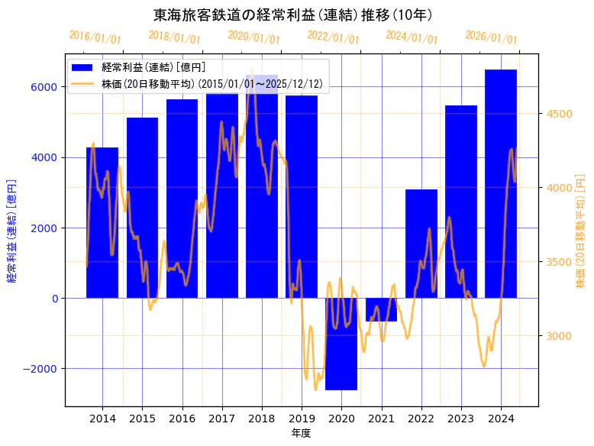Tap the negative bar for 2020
[x=341, y=344]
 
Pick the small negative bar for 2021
[x=381, y=309]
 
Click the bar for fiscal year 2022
[x=421, y=244]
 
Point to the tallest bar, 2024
[x=501, y=183]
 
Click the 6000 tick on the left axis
[x=44, y=87]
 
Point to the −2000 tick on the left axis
[x=40, y=369]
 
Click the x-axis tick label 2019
[x=302, y=418]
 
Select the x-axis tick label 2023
[x=461, y=418]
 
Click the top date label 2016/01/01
[x=95, y=37]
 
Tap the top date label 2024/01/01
[x=412, y=37]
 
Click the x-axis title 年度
[x=302, y=433]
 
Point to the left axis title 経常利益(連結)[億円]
[x=11, y=231]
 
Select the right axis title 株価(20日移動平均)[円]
[x=580, y=231]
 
